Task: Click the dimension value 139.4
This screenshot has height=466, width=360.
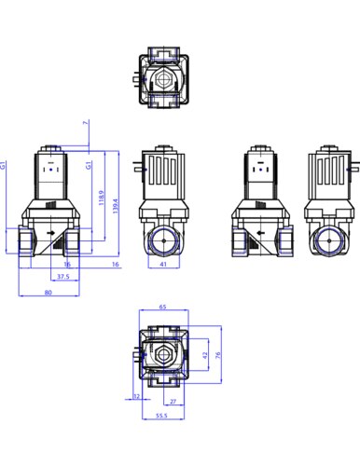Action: coord(116,206)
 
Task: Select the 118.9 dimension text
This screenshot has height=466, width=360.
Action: coord(101,198)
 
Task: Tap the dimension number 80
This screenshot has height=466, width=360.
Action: coord(48,293)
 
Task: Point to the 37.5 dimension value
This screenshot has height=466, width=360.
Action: coord(63,276)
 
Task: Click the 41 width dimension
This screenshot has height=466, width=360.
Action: coord(163,264)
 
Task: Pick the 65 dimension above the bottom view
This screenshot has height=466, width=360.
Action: coord(163,307)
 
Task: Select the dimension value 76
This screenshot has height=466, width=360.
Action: coord(217,355)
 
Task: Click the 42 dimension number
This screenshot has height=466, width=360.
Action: coord(204,355)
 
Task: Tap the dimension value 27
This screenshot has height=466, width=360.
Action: coord(173,402)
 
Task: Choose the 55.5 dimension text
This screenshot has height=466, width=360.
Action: coord(161,416)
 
